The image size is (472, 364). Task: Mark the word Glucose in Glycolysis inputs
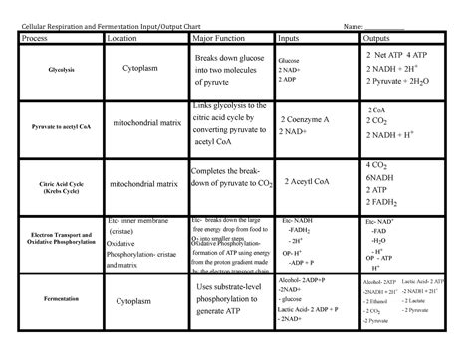coord(291,61)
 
